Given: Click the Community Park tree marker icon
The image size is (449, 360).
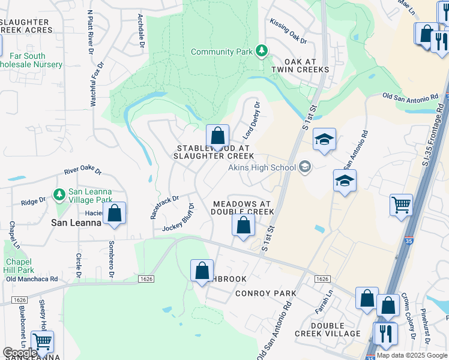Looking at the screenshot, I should point(261,52).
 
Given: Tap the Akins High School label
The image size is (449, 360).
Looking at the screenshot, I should point(262,167).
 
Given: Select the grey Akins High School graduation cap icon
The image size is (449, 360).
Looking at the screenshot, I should point(305,167).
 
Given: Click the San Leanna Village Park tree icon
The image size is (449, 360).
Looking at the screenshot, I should point(59,195).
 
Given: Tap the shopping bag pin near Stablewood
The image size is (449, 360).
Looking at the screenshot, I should point(217,135).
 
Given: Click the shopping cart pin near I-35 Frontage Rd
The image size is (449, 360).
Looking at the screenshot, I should point(401,204).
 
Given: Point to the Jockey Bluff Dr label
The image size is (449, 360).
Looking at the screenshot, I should point(179,218).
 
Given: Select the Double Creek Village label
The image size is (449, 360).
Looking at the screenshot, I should point(327,329).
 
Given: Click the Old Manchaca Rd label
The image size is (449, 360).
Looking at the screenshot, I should point(32,279).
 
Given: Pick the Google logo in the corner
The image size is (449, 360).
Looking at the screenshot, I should point(20,352).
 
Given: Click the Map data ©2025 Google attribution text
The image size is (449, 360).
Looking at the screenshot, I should point(411,355).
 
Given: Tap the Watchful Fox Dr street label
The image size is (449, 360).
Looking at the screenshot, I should point(97,84).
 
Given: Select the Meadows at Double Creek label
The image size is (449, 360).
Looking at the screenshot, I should point(243,208).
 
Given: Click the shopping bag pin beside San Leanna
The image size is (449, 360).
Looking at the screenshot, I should point(114,213).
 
